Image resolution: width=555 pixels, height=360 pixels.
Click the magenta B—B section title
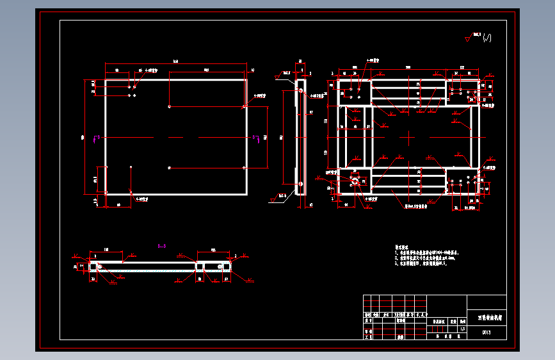coord(162,245)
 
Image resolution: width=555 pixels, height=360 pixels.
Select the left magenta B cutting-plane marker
coord(96,137)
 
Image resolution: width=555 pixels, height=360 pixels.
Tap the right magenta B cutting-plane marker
coord(254,137)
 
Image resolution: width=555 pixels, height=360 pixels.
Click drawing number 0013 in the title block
coord(486,332)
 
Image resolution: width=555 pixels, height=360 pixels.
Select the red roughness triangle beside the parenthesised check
coord(468,40)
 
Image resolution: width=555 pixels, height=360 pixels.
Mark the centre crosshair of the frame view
coord(408,137)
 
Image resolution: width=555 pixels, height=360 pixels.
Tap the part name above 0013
coord(490,317)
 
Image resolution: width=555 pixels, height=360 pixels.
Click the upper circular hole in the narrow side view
coord(299,90)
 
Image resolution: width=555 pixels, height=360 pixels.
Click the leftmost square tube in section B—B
coord(94,266)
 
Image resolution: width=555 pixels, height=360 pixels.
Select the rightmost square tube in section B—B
coord(221,266)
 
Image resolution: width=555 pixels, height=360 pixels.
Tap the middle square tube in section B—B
coord(200,266)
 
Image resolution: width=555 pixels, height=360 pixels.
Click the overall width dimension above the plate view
coord(175,61)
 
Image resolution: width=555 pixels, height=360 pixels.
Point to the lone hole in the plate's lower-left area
coord(131,167)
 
